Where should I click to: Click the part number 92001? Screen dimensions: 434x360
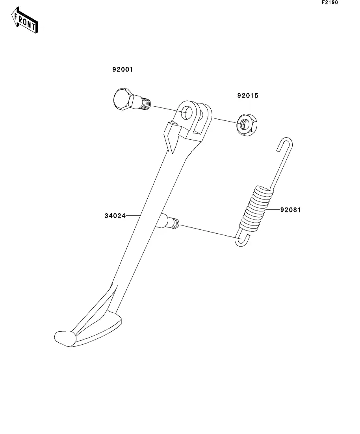(123, 70)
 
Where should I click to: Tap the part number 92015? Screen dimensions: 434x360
(248, 96)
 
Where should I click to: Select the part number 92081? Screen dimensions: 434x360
(290, 210)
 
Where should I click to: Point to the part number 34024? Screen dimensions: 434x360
(115, 216)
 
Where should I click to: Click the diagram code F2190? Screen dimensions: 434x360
(330, 2)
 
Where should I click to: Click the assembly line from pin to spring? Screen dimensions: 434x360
(209, 231)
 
